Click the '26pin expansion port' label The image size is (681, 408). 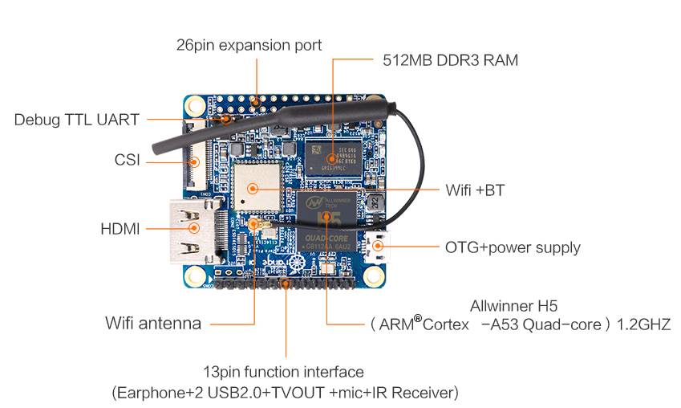249,45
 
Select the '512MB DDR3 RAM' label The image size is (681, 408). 448,59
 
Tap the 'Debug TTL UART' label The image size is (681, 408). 77,120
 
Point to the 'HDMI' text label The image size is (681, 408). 120,229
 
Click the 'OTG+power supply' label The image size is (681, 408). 513,247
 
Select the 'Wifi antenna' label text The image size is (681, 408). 153,324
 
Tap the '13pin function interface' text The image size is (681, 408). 283,372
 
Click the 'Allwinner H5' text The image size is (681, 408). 513,305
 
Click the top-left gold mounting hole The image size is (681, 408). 195,105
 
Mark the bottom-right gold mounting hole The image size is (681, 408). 374,276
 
